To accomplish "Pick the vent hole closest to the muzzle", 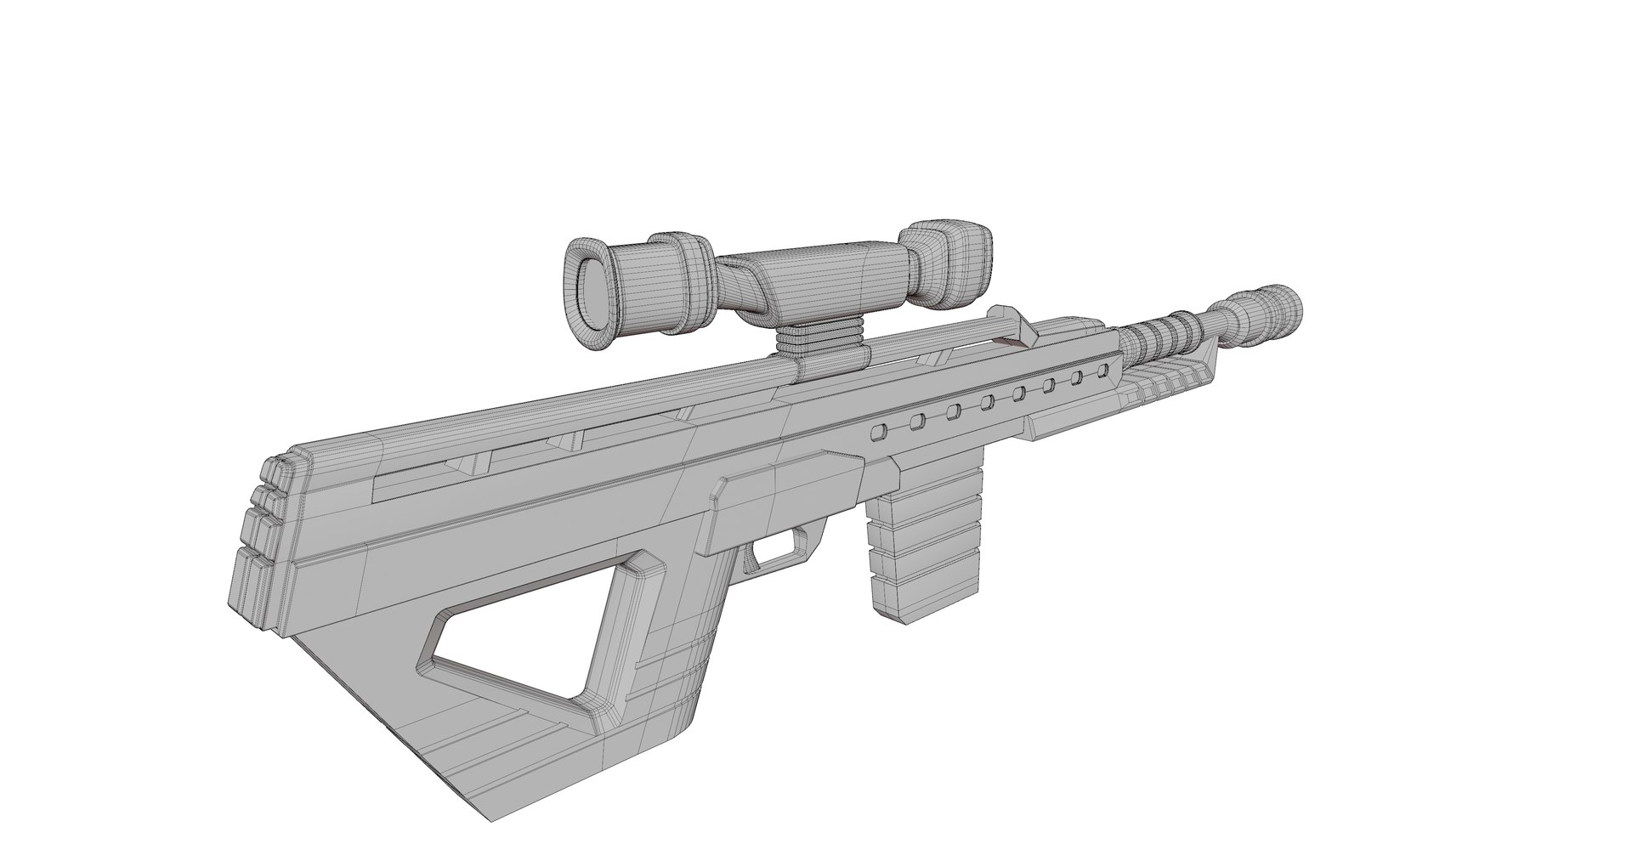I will (1103, 371).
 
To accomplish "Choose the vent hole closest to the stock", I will (876, 433).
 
